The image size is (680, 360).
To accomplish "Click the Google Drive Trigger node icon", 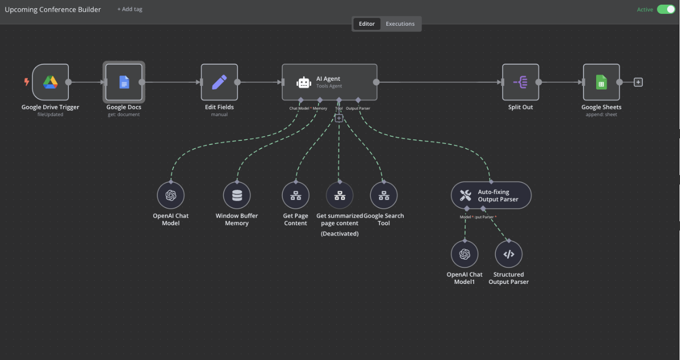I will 50,82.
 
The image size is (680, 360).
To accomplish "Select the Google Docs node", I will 124,82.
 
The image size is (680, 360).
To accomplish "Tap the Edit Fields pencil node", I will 219,82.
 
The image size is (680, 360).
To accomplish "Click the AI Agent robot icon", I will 304,82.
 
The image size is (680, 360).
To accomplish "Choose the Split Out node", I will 521,82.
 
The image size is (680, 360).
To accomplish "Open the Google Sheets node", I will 601,82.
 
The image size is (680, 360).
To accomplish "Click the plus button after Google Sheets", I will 638,82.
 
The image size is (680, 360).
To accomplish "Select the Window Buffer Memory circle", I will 237,195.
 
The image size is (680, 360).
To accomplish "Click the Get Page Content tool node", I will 296,195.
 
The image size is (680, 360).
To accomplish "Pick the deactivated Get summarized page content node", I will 339,195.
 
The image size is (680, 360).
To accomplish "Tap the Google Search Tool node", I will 384,195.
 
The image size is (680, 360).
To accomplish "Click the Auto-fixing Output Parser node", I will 491,195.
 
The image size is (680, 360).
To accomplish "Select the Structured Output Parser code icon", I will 509,254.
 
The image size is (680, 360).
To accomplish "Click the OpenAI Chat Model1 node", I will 464,254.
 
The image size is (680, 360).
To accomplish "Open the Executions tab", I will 400,24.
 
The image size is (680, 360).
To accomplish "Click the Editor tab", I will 367,24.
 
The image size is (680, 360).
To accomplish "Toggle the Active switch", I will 666,9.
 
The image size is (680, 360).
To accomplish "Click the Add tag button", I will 130,9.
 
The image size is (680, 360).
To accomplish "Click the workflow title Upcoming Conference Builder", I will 53,9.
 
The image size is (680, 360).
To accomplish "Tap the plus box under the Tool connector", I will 339,118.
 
